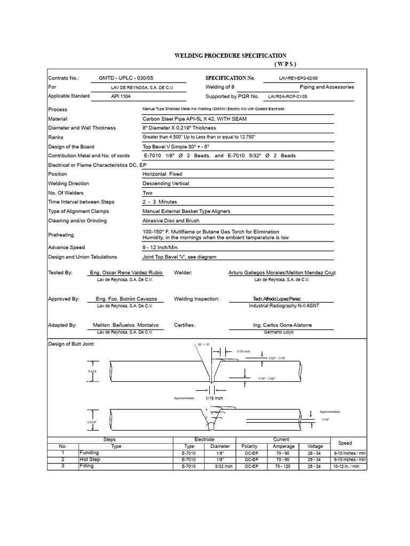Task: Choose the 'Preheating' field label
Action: pyautogui.click(x=61, y=235)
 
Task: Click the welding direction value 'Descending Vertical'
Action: pyautogui.click(x=165, y=183)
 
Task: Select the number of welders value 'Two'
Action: pyautogui.click(x=148, y=192)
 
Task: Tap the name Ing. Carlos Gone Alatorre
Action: pyautogui.click(x=282, y=325)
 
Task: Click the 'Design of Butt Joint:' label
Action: pyautogui.click(x=71, y=344)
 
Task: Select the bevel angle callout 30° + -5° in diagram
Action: pyautogui.click(x=204, y=346)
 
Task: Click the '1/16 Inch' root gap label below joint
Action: pyautogui.click(x=214, y=398)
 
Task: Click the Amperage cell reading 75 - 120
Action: pyautogui.click(x=283, y=466)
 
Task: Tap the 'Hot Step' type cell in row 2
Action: pyautogui.click(x=90, y=459)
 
